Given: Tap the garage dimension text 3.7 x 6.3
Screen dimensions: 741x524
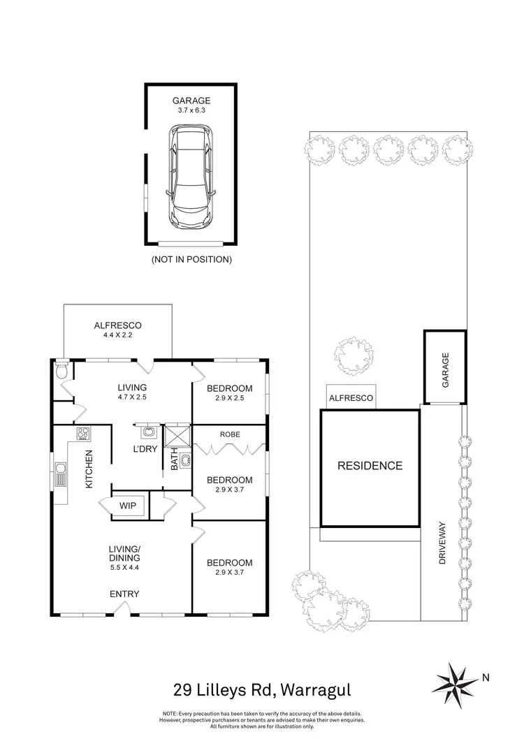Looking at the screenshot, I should [191, 109].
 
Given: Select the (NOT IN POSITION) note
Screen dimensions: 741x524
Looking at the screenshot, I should [191, 260].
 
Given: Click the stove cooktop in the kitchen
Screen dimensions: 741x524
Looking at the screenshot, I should [83, 434].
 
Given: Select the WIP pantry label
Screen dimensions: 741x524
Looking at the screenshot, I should [127, 504].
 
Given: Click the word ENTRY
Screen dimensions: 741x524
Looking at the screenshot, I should [124, 594].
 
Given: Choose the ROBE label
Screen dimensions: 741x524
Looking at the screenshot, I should [230, 434].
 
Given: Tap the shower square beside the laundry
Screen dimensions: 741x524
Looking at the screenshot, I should [176, 436].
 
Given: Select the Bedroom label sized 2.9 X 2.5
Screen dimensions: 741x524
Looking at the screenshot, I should [230, 392].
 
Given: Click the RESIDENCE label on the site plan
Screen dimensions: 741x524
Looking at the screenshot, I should [370, 466].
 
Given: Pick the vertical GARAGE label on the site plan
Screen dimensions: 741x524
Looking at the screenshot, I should [445, 369].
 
